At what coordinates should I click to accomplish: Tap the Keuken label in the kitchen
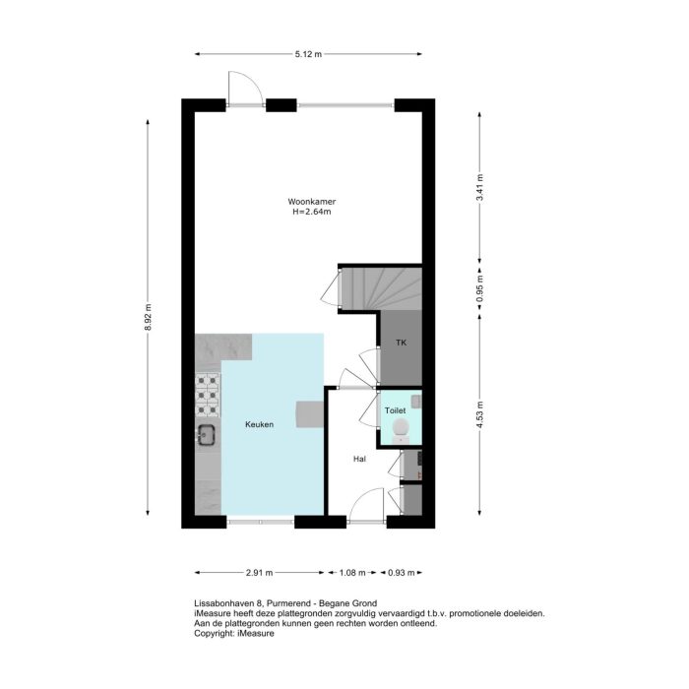tap(259, 424)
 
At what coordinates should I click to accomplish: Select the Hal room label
tap(360, 459)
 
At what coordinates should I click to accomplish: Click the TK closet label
tap(401, 343)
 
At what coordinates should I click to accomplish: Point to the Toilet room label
tap(395, 409)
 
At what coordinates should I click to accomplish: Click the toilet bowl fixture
tap(401, 427)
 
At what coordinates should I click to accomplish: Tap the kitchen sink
tap(208, 434)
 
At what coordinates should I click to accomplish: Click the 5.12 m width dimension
tap(308, 54)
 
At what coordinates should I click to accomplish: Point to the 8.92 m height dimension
tap(148, 316)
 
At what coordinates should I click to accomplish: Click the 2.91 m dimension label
tap(259, 572)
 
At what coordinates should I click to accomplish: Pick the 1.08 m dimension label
tap(352, 572)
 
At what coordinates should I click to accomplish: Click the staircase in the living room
tap(381, 287)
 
